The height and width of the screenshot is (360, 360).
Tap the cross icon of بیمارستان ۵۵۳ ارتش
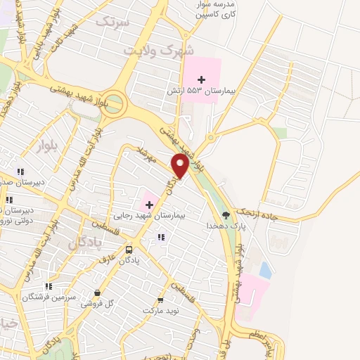[x=202, y=78]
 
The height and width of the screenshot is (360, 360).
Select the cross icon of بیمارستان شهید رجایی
[x=149, y=204]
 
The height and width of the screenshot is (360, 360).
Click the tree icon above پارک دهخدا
[x=226, y=214]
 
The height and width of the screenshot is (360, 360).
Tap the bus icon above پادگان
[x=129, y=250]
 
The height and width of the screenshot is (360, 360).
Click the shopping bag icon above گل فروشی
[x=97, y=292]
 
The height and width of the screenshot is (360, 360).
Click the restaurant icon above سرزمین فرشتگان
[x=49, y=286]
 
